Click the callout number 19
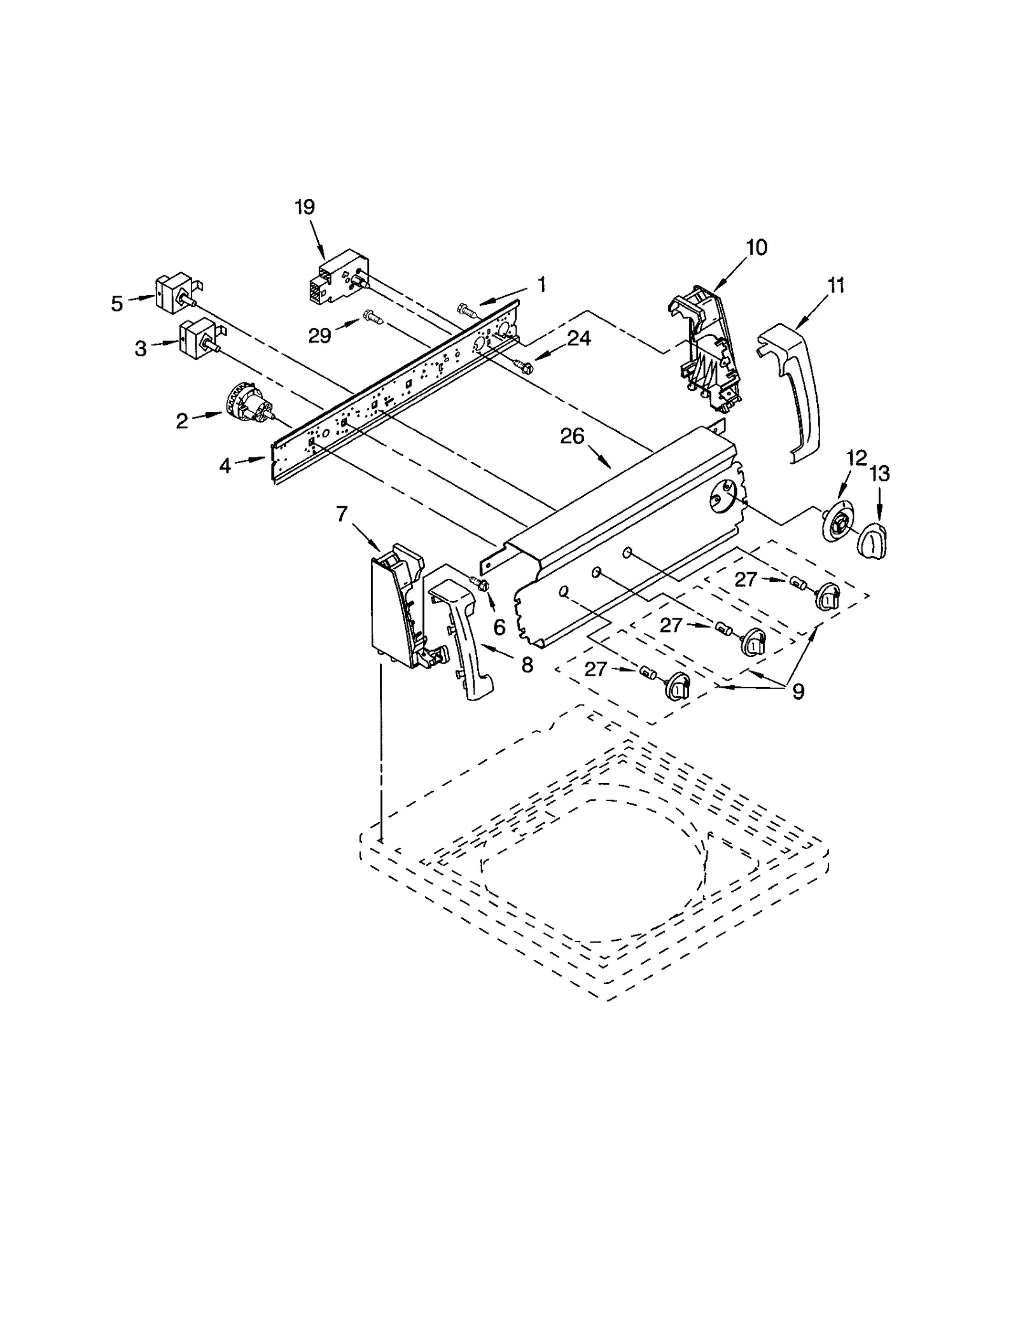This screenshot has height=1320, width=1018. tap(305, 207)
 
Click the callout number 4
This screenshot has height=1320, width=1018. tap(225, 466)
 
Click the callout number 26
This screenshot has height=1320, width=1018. tap(572, 436)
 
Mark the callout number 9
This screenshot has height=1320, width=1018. tap(798, 691)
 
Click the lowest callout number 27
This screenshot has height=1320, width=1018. tap(596, 670)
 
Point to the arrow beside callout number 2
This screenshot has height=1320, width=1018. tap(207, 416)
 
